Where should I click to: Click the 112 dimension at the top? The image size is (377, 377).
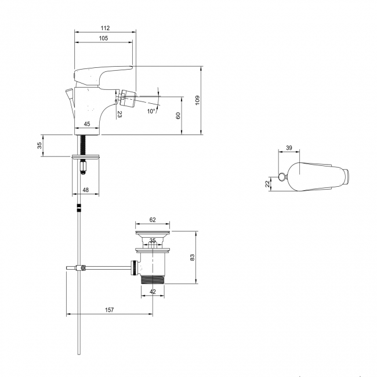coord(104,28)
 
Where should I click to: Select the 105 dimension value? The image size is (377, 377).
coord(103,38)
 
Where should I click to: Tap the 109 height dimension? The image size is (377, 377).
coord(197,100)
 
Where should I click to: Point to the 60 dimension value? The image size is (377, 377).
coord(179,115)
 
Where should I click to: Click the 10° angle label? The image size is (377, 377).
coord(151,111)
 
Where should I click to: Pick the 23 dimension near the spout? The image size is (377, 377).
coord(120,115)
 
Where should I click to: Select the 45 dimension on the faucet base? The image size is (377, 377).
coord(87,124)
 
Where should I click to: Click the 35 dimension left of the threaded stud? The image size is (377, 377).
coord(39,146)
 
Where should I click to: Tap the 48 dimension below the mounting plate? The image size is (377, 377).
coord(85,190)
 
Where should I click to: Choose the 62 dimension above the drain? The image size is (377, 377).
coord(153,220)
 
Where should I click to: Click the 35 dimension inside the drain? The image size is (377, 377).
coord(153,240)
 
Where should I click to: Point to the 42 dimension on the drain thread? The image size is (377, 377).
coord(153,292)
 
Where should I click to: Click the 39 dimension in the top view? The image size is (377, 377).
coord(289,148)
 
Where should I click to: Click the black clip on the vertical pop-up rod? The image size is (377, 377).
coord(78,208)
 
